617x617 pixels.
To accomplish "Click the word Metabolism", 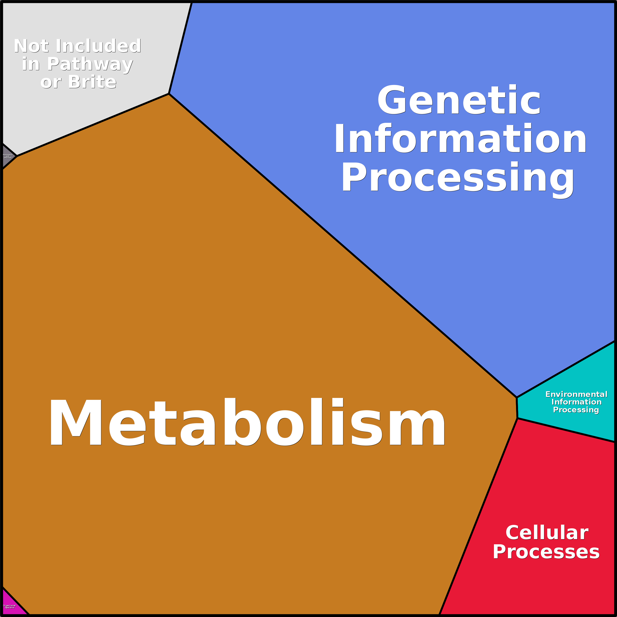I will [x=247, y=422].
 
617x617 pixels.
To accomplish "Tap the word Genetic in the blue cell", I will [x=459, y=100].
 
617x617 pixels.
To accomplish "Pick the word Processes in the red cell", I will [x=546, y=552].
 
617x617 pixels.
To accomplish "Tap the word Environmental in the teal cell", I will [x=576, y=394].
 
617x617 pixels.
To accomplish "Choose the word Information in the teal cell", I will [x=576, y=402].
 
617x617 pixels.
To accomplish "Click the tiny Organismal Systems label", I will [x=9, y=606].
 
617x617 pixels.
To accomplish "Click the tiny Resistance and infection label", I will [x=8, y=156].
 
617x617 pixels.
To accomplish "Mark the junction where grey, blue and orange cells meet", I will [x=169, y=94].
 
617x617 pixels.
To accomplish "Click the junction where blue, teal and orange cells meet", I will [x=516, y=398].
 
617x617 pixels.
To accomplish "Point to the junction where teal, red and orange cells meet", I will [x=517, y=418].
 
